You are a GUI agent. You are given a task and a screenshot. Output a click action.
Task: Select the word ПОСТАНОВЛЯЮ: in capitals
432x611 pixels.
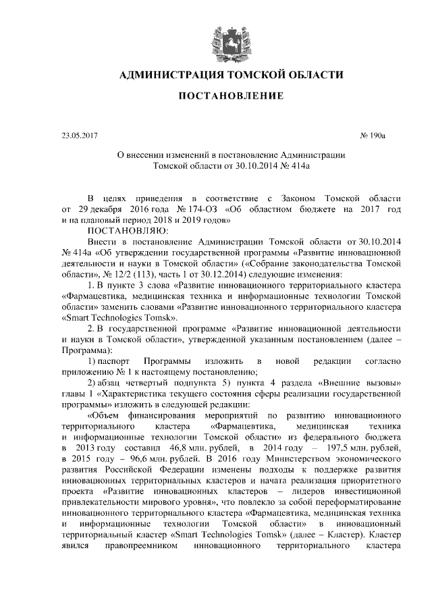click(119, 230)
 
